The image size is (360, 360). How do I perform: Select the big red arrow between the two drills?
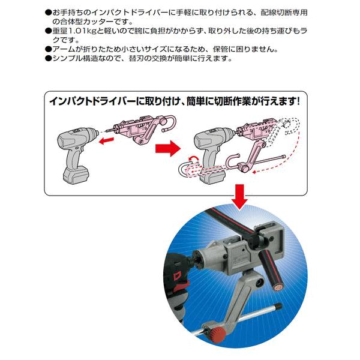click(167, 148)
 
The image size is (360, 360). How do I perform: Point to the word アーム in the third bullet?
click(62, 49)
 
